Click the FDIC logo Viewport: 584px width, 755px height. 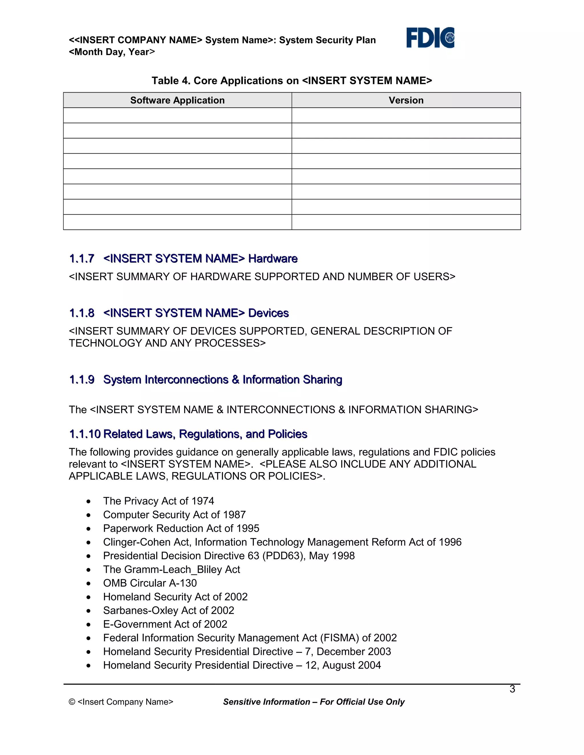[430, 38]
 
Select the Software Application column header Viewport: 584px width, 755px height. [177, 100]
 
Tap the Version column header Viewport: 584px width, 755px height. [406, 100]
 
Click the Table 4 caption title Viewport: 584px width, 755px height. [292, 81]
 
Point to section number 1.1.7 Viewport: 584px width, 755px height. [82, 259]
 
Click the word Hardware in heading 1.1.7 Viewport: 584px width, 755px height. [273, 259]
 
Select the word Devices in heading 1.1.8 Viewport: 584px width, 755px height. [268, 313]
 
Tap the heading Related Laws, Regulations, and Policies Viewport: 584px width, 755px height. [205, 434]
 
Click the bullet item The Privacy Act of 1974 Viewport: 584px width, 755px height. [159, 501]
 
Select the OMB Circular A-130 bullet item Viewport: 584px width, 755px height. [150, 583]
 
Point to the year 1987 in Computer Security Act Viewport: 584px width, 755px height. [234, 515]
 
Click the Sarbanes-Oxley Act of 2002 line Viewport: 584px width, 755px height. [169, 611]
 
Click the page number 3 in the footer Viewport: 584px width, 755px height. [512, 689]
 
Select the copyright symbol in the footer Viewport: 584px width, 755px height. [72, 702]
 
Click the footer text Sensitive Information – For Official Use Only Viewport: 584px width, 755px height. [313, 702]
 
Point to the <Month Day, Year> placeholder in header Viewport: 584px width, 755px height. [112, 52]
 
